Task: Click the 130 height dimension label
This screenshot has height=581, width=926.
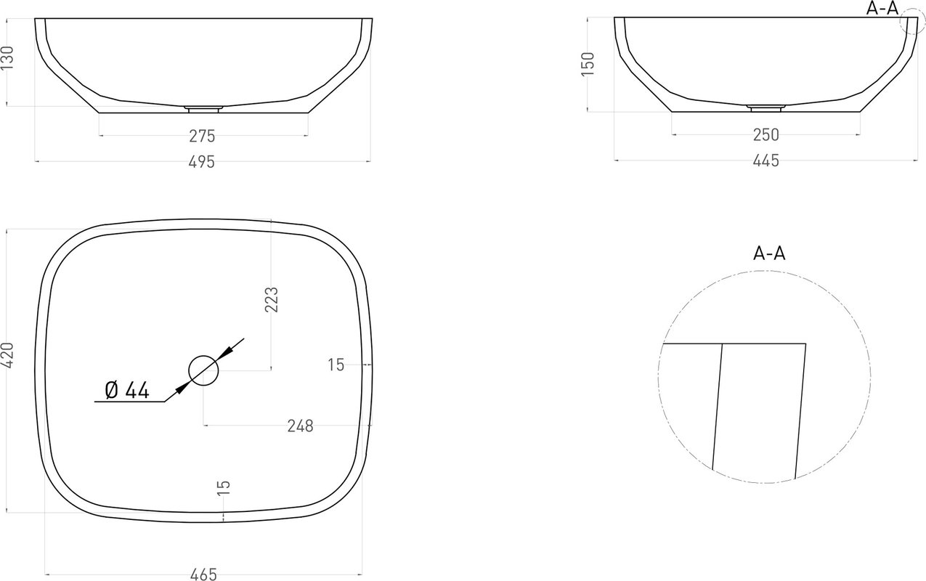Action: click(x=7, y=57)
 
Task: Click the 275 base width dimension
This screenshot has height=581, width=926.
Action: click(x=202, y=136)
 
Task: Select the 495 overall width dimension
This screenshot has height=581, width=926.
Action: click(x=202, y=162)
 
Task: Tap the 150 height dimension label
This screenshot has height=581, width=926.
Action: click(x=588, y=64)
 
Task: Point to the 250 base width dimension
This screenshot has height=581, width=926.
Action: click(x=766, y=135)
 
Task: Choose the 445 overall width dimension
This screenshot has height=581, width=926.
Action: click(x=766, y=161)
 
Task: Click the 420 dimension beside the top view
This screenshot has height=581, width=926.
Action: click(x=7, y=355)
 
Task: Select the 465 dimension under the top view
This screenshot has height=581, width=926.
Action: click(x=203, y=574)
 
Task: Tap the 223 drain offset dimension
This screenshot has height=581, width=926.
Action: click(x=271, y=299)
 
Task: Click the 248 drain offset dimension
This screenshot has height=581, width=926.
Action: click(x=301, y=426)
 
